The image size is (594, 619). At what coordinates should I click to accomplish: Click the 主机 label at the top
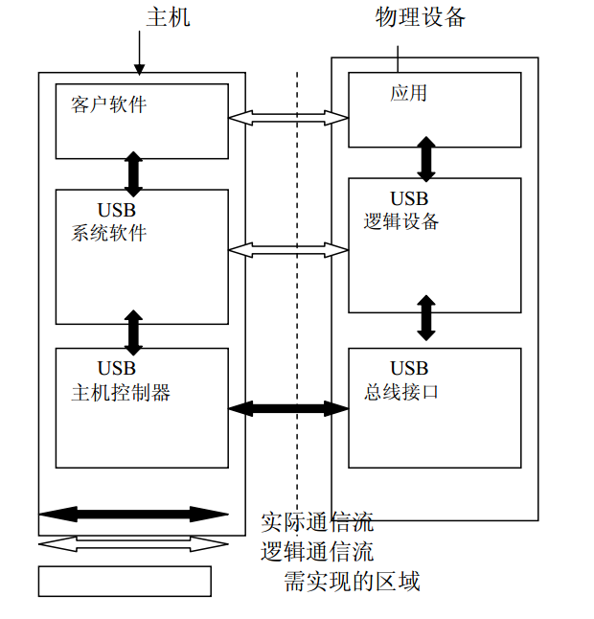(x=168, y=17)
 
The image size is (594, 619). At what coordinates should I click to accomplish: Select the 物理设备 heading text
(x=421, y=17)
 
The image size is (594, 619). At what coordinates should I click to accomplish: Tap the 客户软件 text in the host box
(x=108, y=104)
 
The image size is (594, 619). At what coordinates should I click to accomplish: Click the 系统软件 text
(x=108, y=232)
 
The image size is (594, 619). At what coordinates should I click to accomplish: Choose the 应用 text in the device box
(x=408, y=93)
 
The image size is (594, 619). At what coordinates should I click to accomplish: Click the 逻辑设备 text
(x=401, y=221)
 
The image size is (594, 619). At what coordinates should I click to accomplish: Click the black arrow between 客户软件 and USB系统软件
(x=133, y=173)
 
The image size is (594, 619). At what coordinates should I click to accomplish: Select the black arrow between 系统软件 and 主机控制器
(x=133, y=332)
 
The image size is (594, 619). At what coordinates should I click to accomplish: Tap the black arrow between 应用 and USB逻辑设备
(x=426, y=157)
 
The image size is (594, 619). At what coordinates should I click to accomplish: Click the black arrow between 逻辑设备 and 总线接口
(x=426, y=318)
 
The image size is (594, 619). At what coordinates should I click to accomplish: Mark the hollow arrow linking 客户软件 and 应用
(x=288, y=118)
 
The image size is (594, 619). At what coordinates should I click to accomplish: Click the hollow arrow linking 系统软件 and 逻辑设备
(x=288, y=250)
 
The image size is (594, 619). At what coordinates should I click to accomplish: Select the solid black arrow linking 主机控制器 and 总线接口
(x=288, y=408)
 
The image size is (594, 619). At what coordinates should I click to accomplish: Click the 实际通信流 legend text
(x=317, y=522)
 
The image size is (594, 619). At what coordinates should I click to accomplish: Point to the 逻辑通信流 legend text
(x=317, y=552)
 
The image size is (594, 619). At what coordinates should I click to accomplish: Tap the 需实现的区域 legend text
(x=352, y=581)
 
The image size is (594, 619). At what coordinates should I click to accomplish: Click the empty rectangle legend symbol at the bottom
(x=125, y=581)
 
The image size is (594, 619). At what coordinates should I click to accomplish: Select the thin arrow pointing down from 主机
(x=140, y=53)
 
